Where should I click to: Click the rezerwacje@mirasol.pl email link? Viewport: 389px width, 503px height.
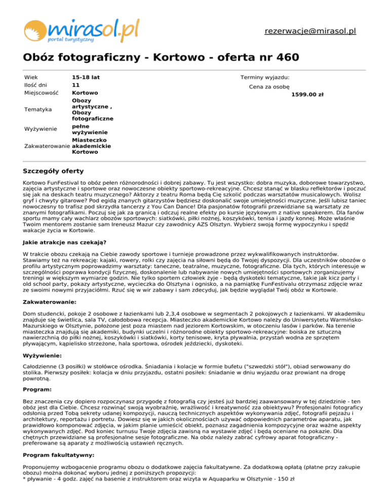(x=310, y=31)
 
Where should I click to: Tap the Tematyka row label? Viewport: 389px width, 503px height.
(x=37, y=109)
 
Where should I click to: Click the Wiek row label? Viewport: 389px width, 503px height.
(x=31, y=77)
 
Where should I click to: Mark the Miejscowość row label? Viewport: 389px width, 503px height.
(x=41, y=94)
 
